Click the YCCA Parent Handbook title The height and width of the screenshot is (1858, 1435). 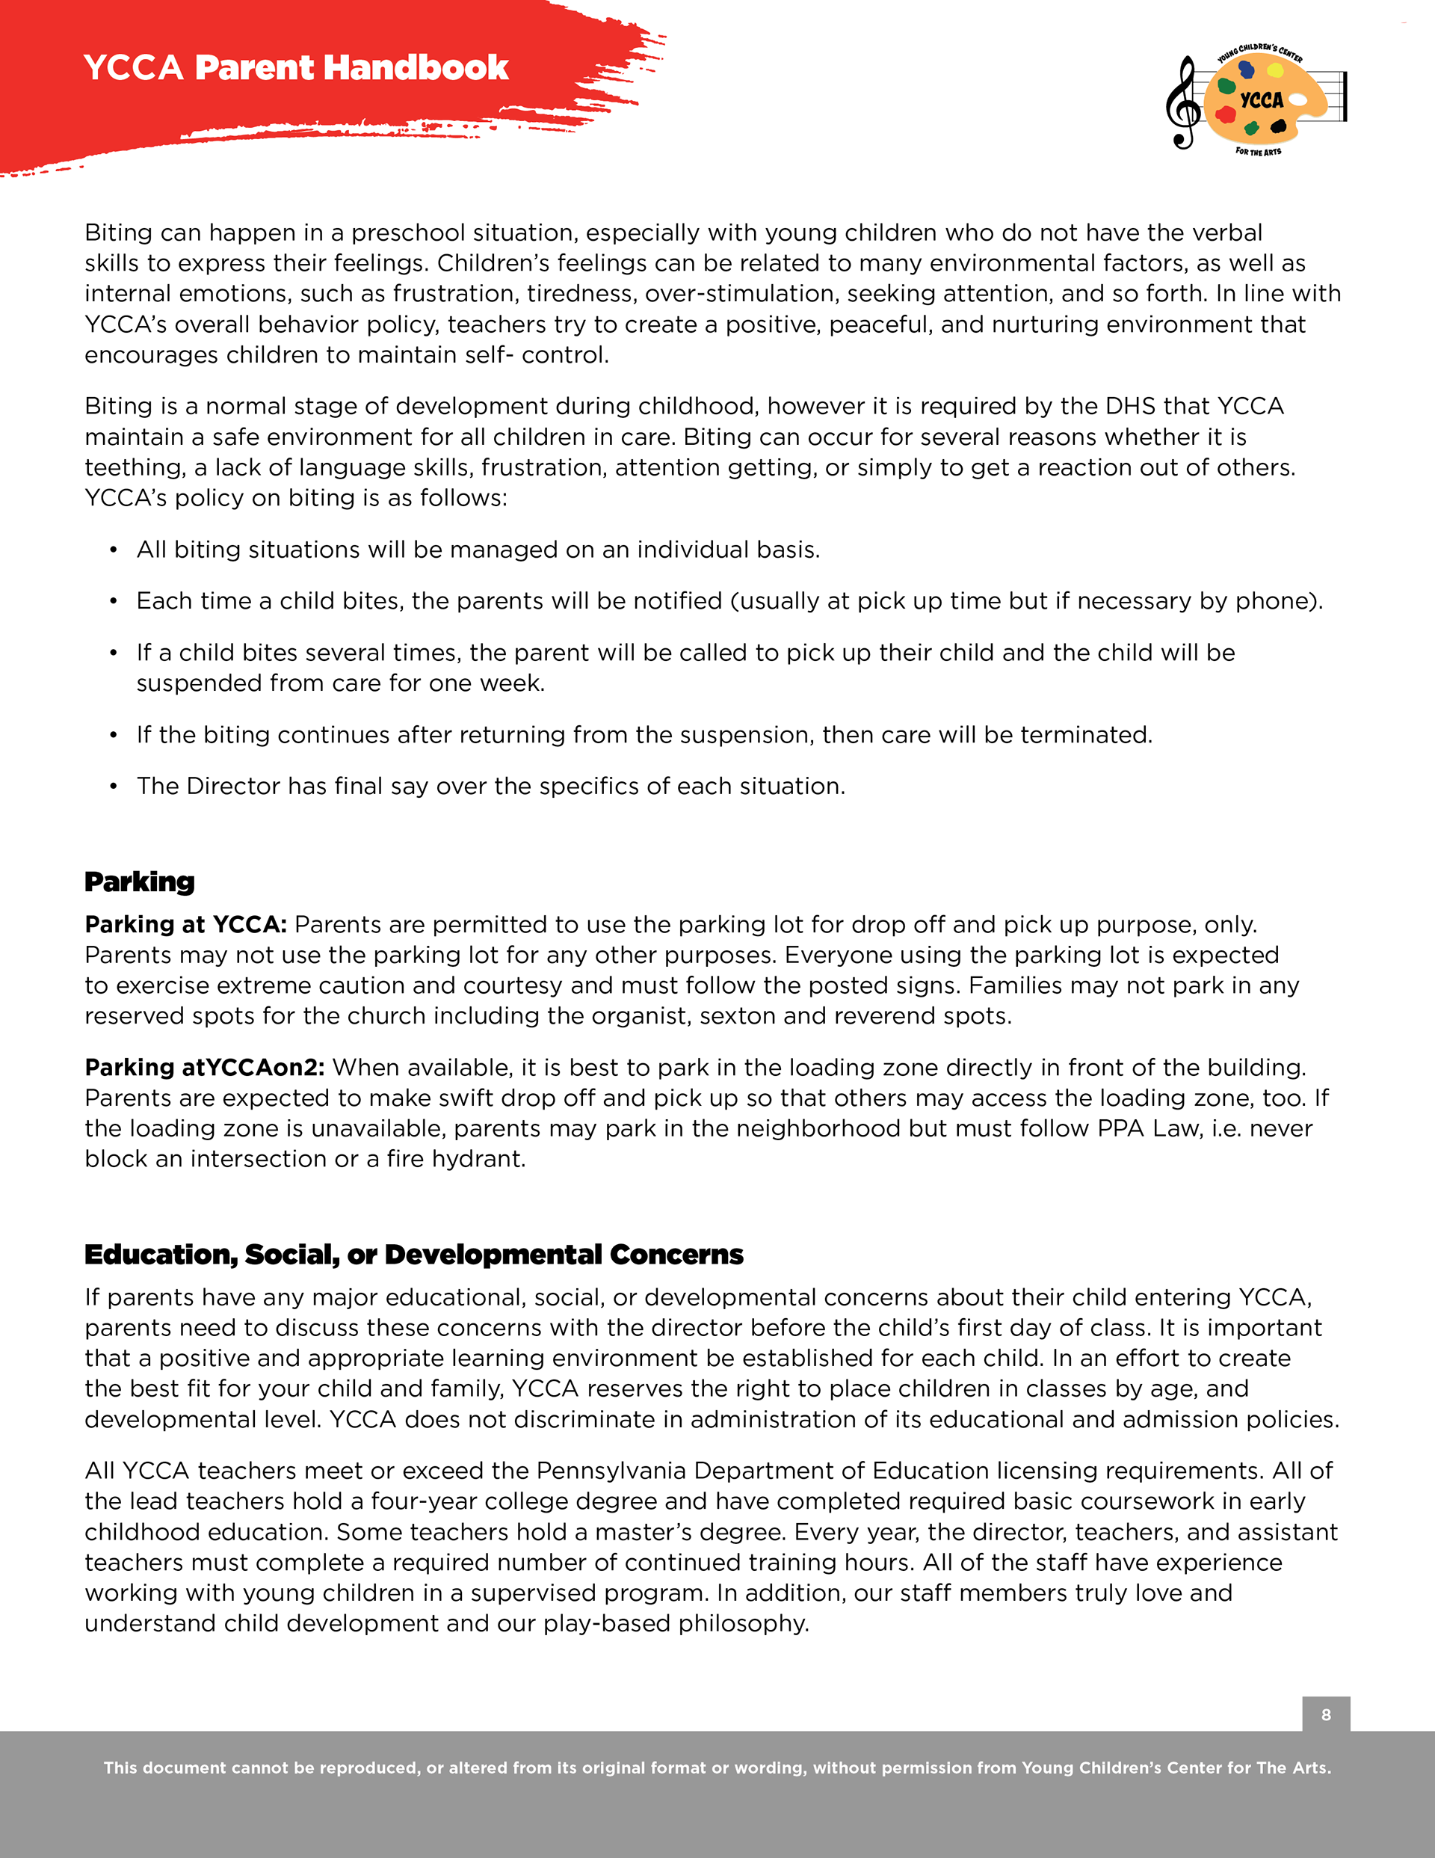coord(296,67)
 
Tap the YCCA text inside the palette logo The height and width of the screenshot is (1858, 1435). coord(1262,100)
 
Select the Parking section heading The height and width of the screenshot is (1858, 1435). coord(140,882)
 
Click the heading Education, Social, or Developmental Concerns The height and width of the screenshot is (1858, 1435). coord(413,1254)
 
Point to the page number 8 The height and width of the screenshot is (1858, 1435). coord(1325,1714)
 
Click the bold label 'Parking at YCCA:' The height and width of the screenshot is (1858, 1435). coord(185,924)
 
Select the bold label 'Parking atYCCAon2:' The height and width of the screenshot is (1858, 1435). coord(204,1067)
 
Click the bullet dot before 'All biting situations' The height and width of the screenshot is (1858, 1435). coord(113,550)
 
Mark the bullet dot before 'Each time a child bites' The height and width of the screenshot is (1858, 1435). coord(113,600)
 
